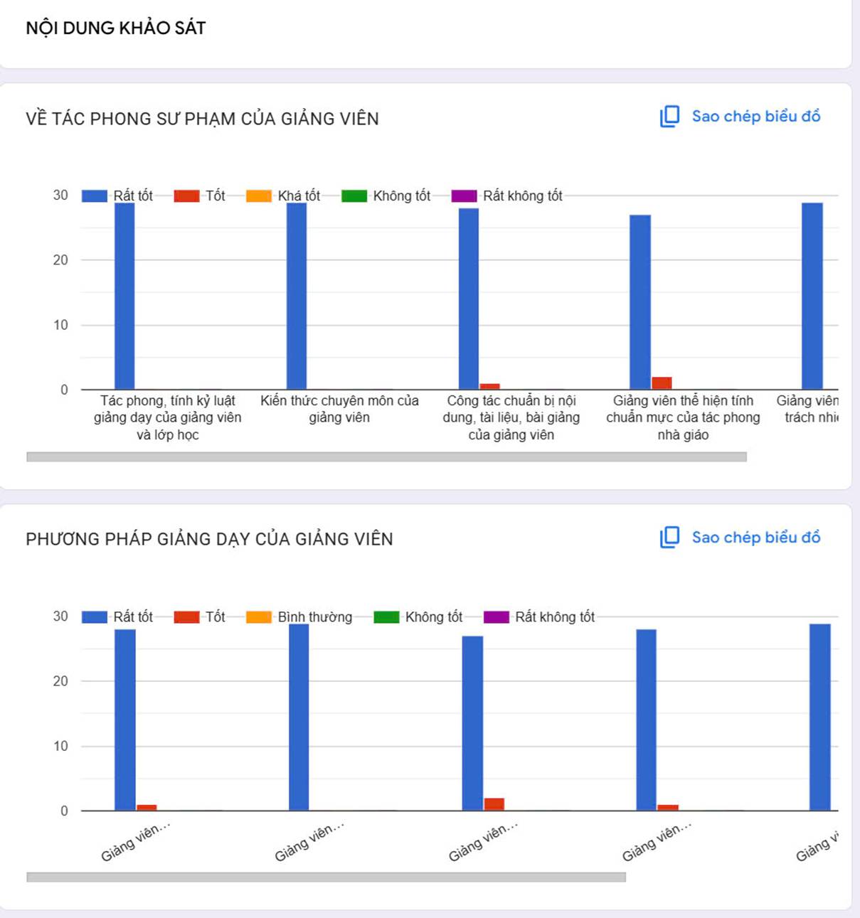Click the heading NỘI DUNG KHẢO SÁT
(x=116, y=28)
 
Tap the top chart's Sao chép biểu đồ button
(x=740, y=117)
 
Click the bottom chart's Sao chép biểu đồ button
(x=740, y=538)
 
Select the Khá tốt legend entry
(x=284, y=196)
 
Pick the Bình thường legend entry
(x=299, y=617)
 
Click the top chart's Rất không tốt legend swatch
(x=464, y=196)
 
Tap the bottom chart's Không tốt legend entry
(x=418, y=617)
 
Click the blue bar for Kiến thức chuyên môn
(x=297, y=296)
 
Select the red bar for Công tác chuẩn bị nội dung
(x=489, y=386)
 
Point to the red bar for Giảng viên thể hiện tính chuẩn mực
(x=662, y=383)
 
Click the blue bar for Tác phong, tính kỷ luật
(x=124, y=296)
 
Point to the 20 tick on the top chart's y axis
(x=60, y=260)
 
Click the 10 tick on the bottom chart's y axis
(x=60, y=746)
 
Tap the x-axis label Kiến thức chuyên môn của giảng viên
(x=339, y=409)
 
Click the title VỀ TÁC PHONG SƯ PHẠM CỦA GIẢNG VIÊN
(x=203, y=119)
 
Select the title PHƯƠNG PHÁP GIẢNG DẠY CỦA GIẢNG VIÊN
(x=209, y=539)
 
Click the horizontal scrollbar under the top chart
(x=386, y=457)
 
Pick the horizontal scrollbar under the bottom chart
(x=326, y=877)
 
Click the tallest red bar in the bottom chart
(x=494, y=804)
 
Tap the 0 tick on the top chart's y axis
(x=64, y=390)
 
